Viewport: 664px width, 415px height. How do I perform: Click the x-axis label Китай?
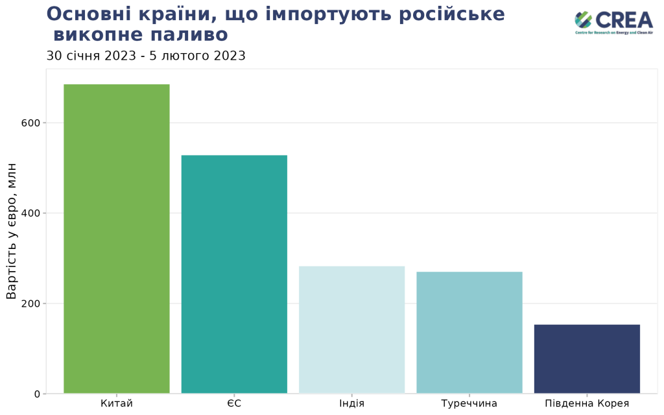pyautogui.click(x=117, y=404)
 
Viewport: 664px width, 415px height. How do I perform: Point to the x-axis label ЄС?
pyautogui.click(x=234, y=404)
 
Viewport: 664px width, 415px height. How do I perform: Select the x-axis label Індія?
pyautogui.click(x=351, y=404)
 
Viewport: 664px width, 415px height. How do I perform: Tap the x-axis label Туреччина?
pyautogui.click(x=469, y=404)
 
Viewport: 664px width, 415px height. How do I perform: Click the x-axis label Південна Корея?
pyautogui.click(x=587, y=404)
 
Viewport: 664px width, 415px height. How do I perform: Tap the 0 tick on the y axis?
pyautogui.click(x=37, y=394)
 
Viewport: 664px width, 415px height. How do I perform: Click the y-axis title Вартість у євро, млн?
pyautogui.click(x=12, y=231)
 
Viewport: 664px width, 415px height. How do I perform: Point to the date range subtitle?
pyautogui.click(x=146, y=56)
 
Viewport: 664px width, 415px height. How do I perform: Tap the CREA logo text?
pyautogui.click(x=624, y=19)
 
